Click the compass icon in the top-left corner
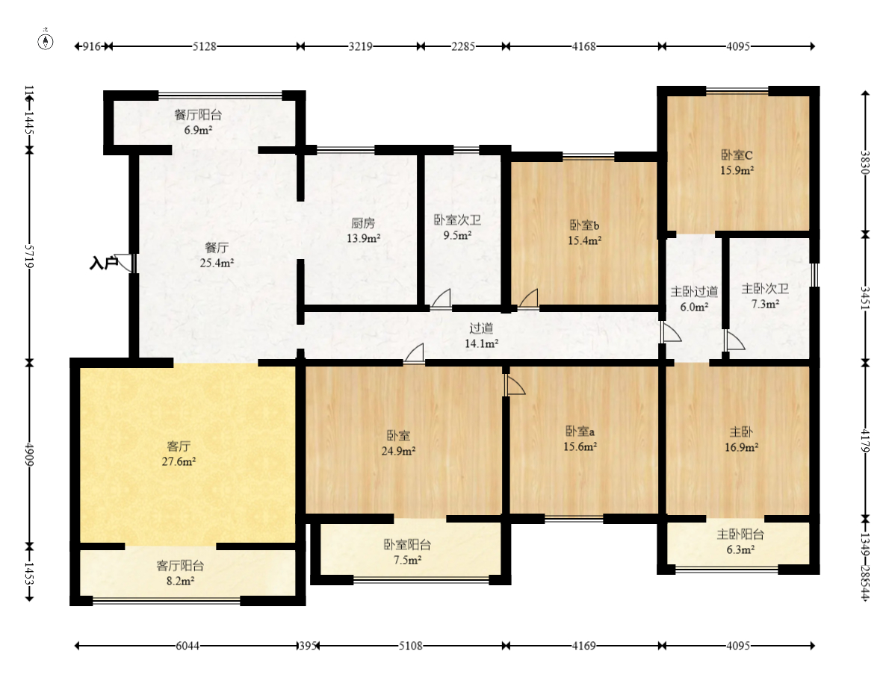pos(46,41)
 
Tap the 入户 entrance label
pos(104,263)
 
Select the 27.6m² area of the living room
pos(179,461)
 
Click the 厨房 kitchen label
pos(363,223)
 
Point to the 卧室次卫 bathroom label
pos(457,220)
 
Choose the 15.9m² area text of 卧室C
pos(737,170)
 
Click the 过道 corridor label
pos(481,328)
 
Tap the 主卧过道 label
pos(694,292)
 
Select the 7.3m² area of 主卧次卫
pos(765,304)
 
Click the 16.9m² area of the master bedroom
pos(741,447)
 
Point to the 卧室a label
pos(580,431)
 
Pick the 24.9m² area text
pos(398,451)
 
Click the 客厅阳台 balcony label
pos(180,566)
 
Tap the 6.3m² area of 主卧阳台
pos(740,549)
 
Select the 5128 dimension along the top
pos(204,46)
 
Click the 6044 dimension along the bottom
pos(187,646)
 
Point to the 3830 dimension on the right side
pos(865,162)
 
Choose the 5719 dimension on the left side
pos(29,256)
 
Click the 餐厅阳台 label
pos(198,115)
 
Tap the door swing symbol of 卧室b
pos(528,299)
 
